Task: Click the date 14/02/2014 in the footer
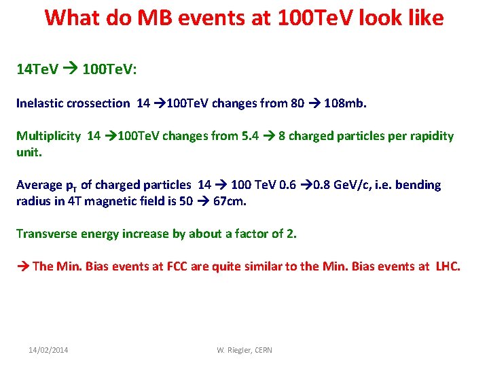48,350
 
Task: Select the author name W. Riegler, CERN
244,350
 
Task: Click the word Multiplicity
48,136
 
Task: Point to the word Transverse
45,234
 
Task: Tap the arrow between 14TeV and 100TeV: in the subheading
68,70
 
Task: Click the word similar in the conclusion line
263,266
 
